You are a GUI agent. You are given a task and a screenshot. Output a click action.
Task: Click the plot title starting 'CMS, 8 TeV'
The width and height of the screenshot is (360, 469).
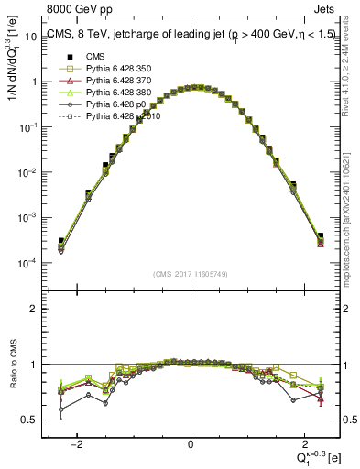(x=183, y=36)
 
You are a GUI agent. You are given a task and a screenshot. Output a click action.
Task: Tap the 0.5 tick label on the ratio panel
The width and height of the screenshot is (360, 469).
(x=28, y=420)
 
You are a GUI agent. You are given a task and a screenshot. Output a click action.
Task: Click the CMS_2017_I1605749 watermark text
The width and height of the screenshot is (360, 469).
(x=190, y=274)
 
